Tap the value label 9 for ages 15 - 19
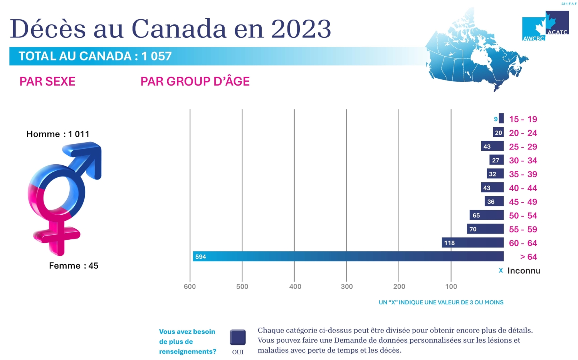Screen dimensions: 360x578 pos(496,119)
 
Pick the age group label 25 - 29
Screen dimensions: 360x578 pos(523,147)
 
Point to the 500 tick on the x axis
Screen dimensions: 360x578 pos(242,286)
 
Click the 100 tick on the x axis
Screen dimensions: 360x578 pos(451,286)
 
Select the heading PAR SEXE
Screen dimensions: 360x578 pos(47,81)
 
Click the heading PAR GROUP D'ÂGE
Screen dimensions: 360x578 pos(195,81)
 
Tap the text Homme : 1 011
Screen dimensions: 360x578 pos(58,134)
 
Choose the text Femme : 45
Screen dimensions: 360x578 pos(74,266)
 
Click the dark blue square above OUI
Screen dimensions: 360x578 pos(238,337)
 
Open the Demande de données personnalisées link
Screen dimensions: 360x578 pos(427,340)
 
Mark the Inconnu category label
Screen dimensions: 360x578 pos(524,271)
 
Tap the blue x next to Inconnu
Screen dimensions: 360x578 pos(501,271)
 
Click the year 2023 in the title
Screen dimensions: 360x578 pos(301,29)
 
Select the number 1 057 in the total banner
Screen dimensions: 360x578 pos(156,56)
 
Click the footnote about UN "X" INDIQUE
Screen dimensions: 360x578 pos(441,302)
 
